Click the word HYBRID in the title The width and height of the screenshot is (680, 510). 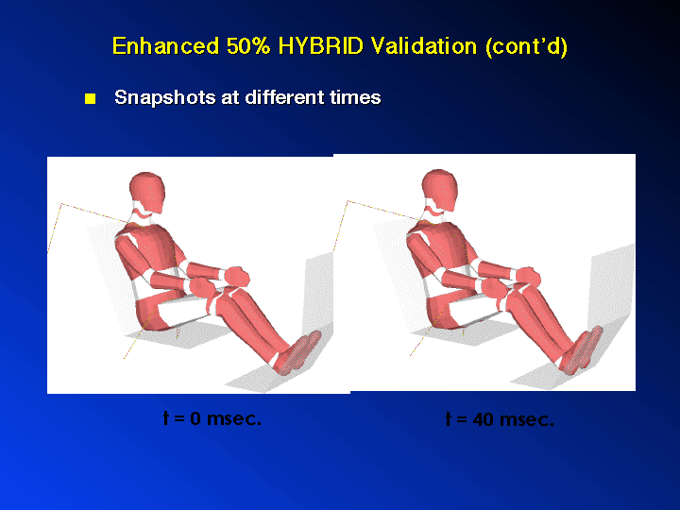click(x=320, y=45)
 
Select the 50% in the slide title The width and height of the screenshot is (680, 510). click(x=248, y=45)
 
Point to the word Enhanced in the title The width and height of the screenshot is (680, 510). click(x=165, y=45)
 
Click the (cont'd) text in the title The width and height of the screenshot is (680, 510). click(x=526, y=46)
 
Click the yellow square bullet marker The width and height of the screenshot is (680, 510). click(x=91, y=98)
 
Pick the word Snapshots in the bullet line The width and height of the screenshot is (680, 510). click(x=164, y=97)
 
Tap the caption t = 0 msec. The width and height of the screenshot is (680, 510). click(x=212, y=418)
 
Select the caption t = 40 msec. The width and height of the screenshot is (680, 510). click(x=500, y=419)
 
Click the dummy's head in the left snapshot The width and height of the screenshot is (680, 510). click(x=147, y=191)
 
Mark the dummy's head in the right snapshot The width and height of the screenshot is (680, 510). click(x=440, y=189)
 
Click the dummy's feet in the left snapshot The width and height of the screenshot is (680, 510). click(x=297, y=352)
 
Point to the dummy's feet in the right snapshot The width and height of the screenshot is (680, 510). click(x=581, y=349)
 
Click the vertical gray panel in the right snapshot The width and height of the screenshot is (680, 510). click(x=611, y=288)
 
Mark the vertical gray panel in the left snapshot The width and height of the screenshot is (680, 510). click(x=319, y=295)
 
